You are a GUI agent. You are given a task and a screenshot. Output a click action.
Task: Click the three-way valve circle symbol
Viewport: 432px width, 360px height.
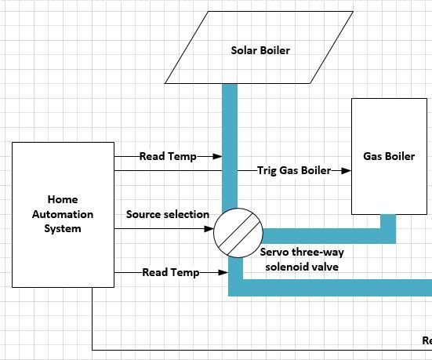(237, 232)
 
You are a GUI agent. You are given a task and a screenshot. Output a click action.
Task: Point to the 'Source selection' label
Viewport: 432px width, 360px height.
(168, 214)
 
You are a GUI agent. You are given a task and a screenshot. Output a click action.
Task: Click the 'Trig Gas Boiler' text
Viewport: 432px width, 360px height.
(293, 170)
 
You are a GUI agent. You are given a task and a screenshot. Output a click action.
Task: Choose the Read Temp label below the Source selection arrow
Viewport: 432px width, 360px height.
(170, 272)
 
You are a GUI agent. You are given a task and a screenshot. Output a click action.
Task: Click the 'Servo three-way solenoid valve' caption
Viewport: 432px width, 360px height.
(301, 260)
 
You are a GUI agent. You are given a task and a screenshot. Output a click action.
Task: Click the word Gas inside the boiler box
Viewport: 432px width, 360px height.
(372, 156)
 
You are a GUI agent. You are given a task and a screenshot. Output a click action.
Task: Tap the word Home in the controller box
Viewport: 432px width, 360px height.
(63, 200)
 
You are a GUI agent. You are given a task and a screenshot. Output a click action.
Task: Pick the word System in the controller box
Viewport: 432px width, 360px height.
(63, 228)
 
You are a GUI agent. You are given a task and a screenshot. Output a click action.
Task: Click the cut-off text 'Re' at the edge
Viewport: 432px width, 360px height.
(427, 340)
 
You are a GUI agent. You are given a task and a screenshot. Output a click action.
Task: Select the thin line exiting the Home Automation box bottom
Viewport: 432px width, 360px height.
(93, 322)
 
